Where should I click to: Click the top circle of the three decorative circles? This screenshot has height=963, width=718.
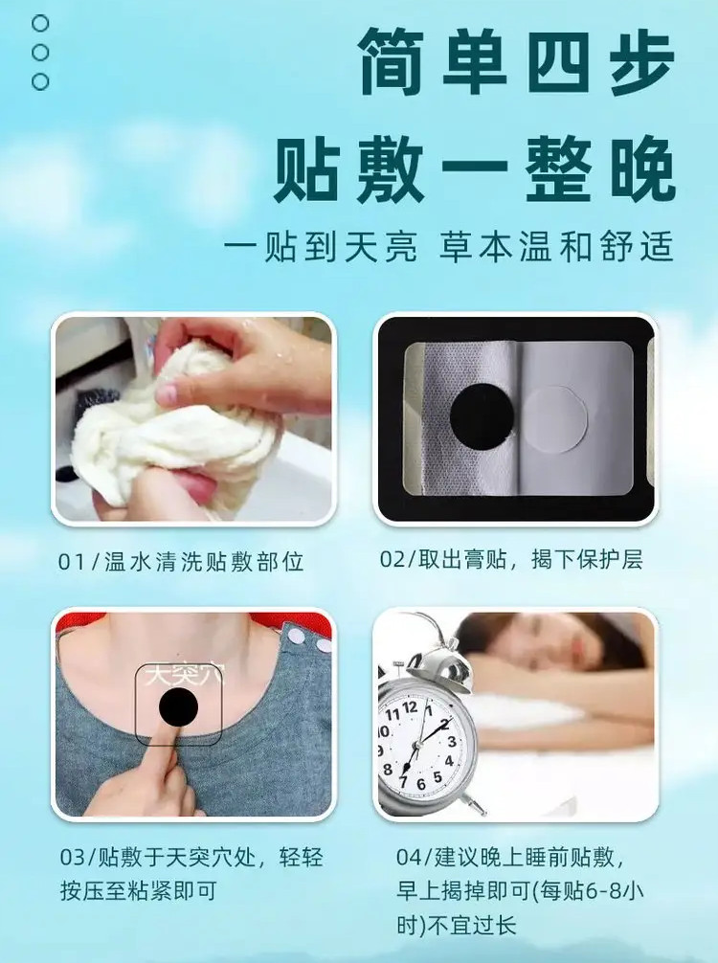[x=40, y=23]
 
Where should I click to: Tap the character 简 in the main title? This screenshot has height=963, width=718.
[x=392, y=60]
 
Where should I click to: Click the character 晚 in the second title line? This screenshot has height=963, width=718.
[x=642, y=168]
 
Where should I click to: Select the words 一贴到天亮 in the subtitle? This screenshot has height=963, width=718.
[x=320, y=247]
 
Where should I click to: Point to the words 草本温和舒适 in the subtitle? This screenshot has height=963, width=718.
[x=556, y=247]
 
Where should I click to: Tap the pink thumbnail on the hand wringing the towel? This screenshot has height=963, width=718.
[x=168, y=392]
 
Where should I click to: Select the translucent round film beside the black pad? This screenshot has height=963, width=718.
[x=554, y=419]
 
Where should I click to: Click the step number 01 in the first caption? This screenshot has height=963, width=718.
[x=71, y=562]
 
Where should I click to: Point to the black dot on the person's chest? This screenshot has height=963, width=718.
[x=178, y=706]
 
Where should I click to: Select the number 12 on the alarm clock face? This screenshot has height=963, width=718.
[x=410, y=707]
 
